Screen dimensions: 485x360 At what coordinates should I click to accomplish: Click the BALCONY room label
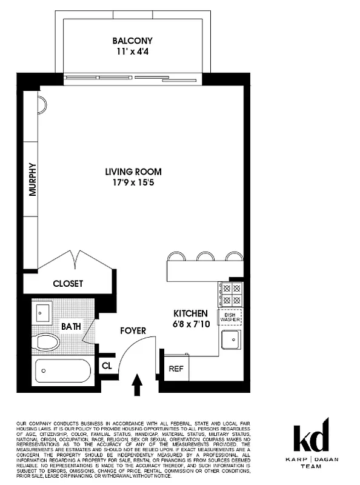tap(132, 41)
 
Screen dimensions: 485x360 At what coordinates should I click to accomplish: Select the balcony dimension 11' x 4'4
tap(132, 52)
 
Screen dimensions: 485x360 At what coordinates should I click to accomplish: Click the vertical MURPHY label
tap(33, 179)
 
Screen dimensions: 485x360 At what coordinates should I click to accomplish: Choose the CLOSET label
tap(68, 283)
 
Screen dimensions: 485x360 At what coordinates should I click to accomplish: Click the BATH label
tap(71, 326)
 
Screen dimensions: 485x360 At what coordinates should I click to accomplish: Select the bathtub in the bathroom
tap(62, 369)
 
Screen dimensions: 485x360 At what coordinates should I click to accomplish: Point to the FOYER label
tap(133, 331)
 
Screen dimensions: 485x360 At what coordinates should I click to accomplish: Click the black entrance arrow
tap(137, 383)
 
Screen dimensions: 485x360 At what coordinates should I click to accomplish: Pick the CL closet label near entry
tap(107, 366)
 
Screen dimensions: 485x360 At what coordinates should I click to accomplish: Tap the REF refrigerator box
tap(176, 367)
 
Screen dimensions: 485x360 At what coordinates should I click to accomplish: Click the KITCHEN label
tap(191, 313)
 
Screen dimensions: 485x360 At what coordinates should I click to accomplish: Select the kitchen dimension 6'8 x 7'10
tap(191, 324)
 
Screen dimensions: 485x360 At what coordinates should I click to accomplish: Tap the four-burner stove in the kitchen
tap(231, 294)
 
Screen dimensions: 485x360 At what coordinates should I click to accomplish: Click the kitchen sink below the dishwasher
tap(231, 342)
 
